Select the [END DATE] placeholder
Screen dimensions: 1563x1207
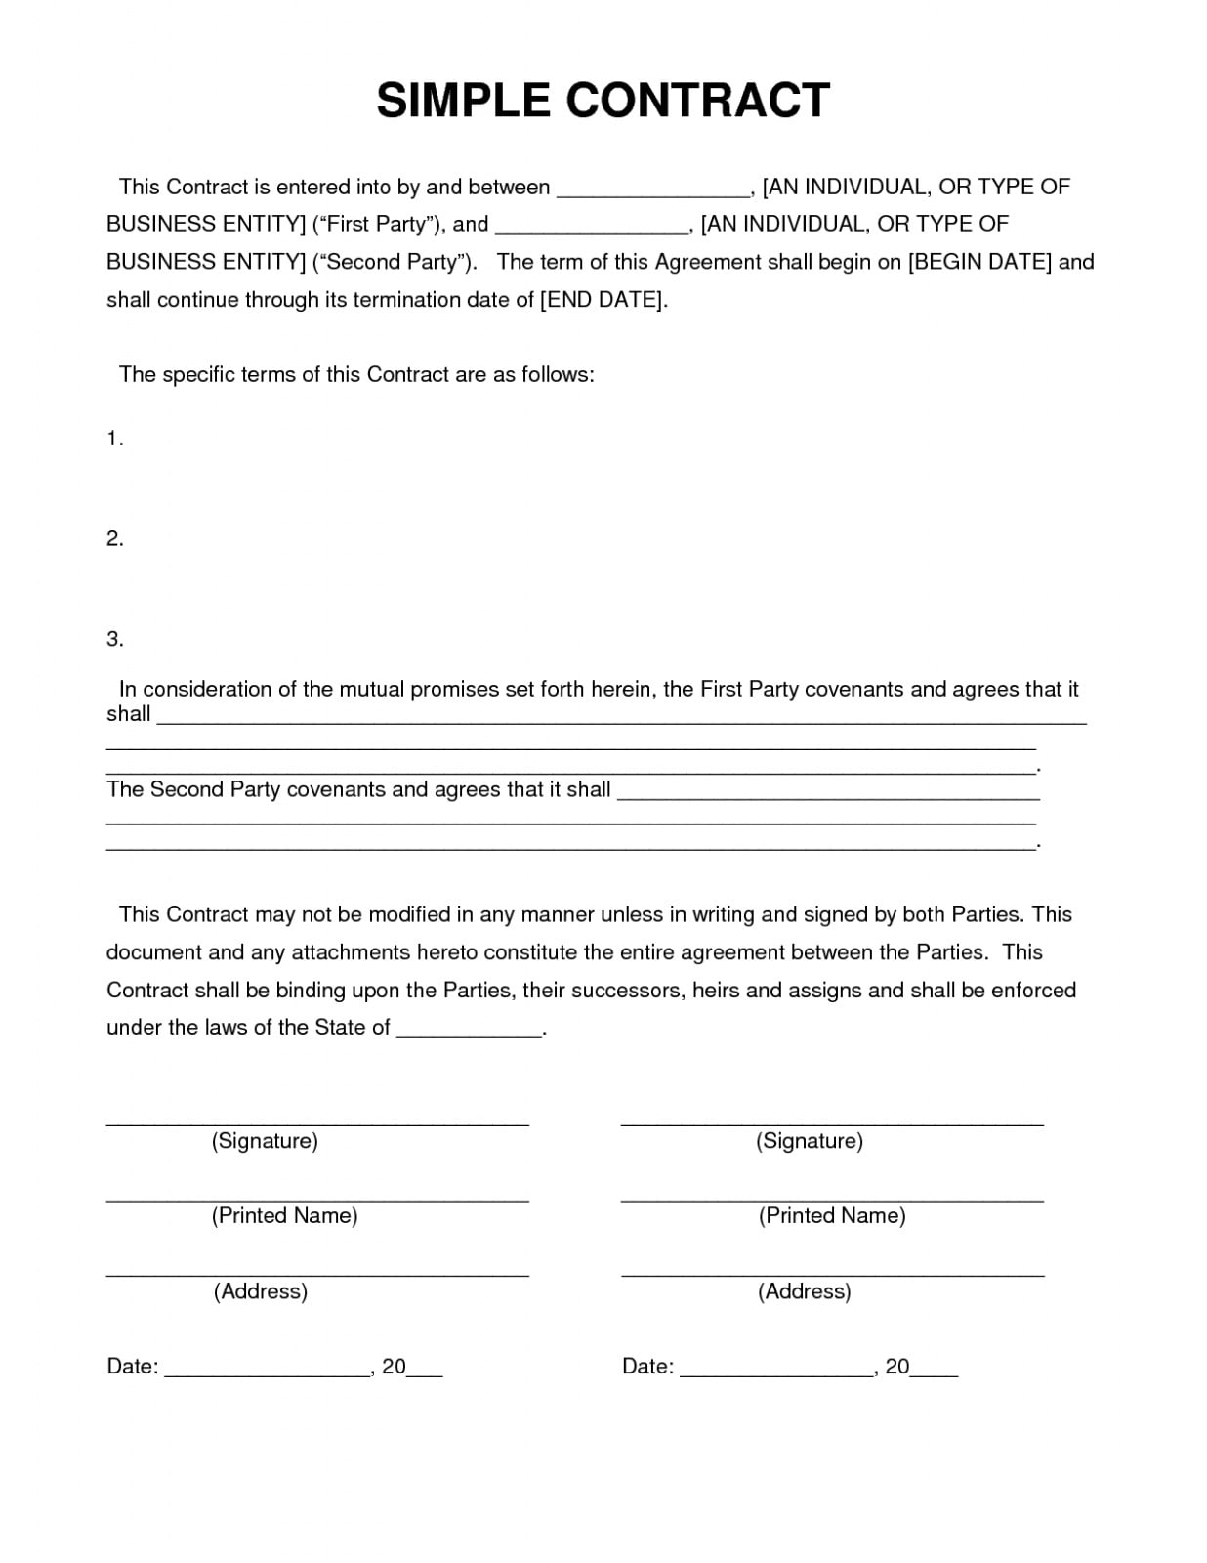click(x=603, y=300)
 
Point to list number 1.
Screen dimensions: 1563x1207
click(x=114, y=440)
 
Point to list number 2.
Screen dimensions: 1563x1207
click(x=114, y=539)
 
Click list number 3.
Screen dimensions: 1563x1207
click(x=114, y=639)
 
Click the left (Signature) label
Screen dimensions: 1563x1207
click(x=265, y=1141)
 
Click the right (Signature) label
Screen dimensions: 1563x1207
click(x=809, y=1141)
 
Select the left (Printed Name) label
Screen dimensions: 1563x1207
click(x=284, y=1216)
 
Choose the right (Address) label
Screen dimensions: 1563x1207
click(x=804, y=1291)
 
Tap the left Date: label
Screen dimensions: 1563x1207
click(x=132, y=1367)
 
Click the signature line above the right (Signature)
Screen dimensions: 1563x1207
click(x=832, y=1124)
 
